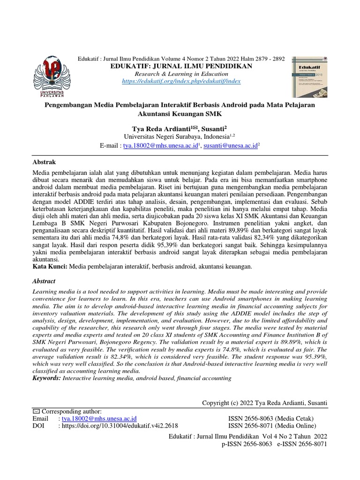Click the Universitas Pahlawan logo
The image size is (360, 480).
point(49,75)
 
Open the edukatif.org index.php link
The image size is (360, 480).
point(181,81)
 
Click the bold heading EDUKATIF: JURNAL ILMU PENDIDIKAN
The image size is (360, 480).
point(181,66)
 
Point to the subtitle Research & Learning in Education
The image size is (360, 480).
point(181,74)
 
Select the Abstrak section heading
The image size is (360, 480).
point(44,161)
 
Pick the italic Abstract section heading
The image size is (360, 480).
point(44,281)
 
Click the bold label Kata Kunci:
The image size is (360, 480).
point(50,266)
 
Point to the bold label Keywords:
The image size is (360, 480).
point(46,378)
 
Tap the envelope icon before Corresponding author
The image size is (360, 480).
point(36,411)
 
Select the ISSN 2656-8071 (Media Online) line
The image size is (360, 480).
point(272,426)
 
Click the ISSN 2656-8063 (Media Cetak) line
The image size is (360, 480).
point(270,418)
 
